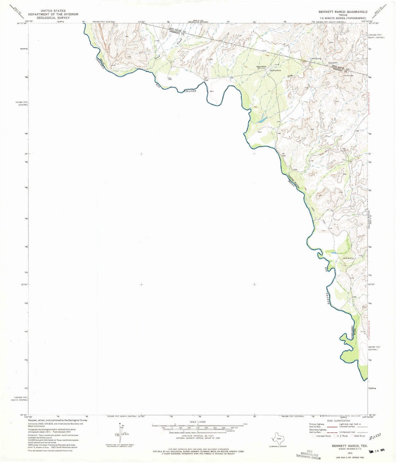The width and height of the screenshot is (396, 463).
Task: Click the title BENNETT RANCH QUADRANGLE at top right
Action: pos(343,12)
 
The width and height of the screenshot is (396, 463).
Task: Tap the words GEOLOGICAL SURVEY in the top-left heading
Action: pos(53,18)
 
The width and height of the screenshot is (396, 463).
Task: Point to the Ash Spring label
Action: pos(316,59)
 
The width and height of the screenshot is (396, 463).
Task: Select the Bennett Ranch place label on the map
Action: pos(261,67)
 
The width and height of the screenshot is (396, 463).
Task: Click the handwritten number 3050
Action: pos(375,438)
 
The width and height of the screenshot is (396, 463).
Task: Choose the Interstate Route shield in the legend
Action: pos(314,436)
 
